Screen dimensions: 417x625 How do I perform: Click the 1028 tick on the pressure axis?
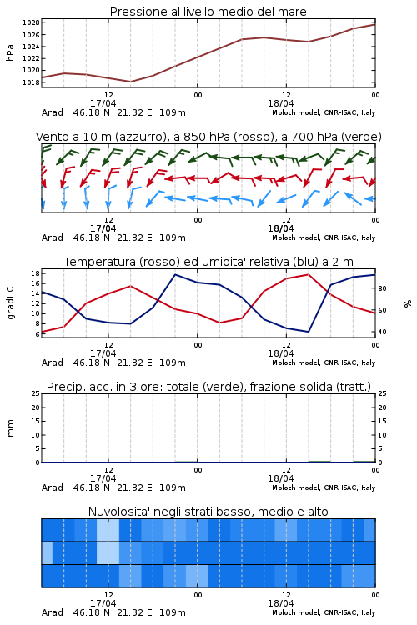[x=31, y=22]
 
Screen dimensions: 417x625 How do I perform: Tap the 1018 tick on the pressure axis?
[x=31, y=82]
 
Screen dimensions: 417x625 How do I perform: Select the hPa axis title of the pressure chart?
[x=10, y=52]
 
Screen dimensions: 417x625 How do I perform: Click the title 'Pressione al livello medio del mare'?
[x=208, y=12]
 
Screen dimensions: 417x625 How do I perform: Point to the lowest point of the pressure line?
[x=130, y=82]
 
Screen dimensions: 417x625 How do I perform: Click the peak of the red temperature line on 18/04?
[x=308, y=274]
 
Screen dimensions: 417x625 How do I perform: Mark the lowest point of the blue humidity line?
[x=308, y=332]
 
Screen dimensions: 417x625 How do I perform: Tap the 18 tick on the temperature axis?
[x=35, y=273]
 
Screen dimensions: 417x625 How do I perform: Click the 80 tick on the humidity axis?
[x=382, y=288]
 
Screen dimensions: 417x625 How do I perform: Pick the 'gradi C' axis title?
[x=11, y=303]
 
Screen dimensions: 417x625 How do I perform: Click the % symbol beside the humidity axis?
[x=408, y=303]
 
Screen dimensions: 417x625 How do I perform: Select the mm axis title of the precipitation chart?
[x=10, y=428]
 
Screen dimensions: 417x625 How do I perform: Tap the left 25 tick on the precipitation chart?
[x=35, y=393]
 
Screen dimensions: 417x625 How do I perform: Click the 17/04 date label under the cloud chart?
[x=103, y=603]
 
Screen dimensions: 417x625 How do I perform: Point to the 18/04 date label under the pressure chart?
[x=280, y=103]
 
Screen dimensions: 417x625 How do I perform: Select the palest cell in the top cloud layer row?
[x=108, y=530]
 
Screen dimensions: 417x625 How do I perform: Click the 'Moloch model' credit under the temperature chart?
[x=295, y=362]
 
